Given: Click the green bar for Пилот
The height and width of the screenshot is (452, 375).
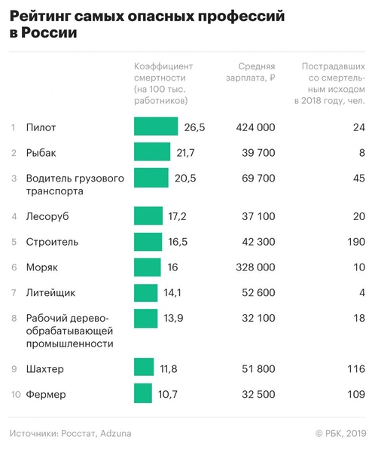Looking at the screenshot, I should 156,127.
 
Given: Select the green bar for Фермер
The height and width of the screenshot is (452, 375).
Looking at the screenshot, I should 143,393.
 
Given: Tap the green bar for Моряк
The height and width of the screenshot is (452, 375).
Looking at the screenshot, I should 148,267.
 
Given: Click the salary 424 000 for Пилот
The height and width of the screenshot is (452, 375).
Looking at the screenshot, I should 255,127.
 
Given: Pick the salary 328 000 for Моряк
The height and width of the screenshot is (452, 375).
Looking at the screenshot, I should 255,267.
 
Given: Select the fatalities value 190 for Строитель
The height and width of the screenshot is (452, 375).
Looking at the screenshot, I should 354,243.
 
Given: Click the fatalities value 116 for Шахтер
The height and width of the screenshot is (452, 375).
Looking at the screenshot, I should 355,369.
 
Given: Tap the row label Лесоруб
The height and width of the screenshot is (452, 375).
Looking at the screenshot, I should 47,217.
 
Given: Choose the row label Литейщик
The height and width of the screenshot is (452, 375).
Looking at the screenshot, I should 50,293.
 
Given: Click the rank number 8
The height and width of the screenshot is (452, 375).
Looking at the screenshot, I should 14,318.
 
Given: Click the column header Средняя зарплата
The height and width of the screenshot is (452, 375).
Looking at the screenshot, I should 256,72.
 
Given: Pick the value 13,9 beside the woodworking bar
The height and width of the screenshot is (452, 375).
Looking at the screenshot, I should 173,318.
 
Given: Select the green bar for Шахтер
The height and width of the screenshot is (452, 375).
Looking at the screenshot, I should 144,368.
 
